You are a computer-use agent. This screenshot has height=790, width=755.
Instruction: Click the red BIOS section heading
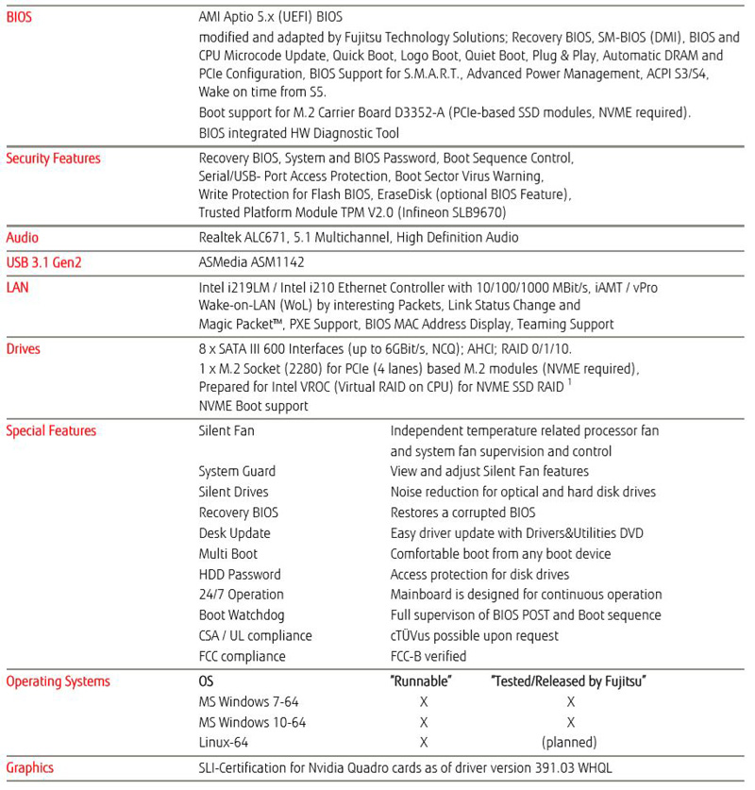coord(19,17)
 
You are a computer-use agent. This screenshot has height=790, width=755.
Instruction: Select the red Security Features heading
coord(53,159)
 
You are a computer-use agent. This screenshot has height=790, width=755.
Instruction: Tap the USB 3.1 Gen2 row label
coord(43,262)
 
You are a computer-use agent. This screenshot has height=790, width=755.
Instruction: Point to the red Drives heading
coord(23,349)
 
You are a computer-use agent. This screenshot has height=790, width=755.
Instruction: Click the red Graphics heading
coord(29,768)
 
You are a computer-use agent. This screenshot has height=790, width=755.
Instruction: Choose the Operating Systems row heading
coord(58,681)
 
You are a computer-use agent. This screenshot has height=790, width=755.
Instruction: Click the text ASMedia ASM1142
coord(251,262)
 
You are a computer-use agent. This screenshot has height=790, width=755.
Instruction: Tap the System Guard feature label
coord(237,471)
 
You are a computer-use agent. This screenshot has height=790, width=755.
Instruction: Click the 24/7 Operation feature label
coord(241,595)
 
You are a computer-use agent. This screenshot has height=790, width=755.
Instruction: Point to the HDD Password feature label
coord(240,574)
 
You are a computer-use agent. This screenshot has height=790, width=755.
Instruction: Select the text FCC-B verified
coord(428,657)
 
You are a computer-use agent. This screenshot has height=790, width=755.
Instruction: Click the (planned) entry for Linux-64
coord(569,743)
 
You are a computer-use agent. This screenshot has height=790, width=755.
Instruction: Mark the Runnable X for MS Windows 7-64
coord(424,702)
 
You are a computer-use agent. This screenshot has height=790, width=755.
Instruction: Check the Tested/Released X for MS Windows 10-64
coord(570,723)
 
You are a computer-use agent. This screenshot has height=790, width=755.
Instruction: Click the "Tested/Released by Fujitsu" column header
coord(569,681)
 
